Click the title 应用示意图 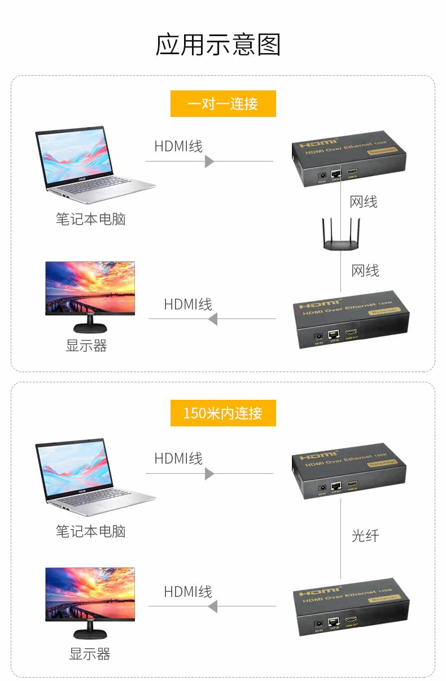coord(218,45)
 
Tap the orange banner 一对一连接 coord(223,104)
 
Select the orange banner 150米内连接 coord(223,413)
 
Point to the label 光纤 coord(365,535)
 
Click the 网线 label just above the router coord(364,202)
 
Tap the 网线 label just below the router coord(365,270)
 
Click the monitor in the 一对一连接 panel coord(90,295)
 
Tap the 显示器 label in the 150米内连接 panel coord(89,654)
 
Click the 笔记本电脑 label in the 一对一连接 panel coord(90,219)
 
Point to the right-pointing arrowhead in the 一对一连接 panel coord(209,161)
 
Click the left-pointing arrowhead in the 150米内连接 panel coord(212,607)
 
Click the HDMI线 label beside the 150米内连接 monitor coord(188,591)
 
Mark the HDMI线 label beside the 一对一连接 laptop coord(178,146)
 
